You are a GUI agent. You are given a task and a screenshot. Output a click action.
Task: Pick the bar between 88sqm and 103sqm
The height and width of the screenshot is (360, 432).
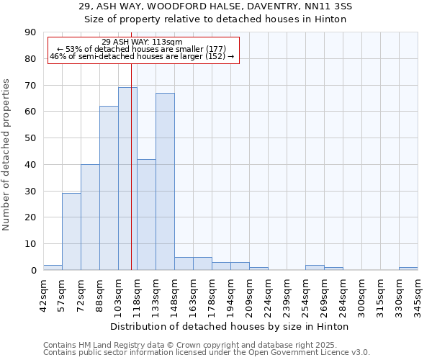[x=109, y=188]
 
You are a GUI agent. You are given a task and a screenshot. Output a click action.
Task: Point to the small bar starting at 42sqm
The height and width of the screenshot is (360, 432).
[x=53, y=268]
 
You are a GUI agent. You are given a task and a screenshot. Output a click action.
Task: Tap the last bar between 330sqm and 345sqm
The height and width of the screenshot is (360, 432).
[x=408, y=269]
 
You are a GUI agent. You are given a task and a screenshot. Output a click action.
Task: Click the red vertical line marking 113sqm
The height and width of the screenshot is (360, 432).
[x=131, y=180]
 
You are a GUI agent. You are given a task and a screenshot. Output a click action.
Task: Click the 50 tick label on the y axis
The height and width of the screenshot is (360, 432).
[x=30, y=138]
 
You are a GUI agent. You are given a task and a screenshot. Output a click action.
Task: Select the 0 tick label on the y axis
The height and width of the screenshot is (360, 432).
[x=33, y=270]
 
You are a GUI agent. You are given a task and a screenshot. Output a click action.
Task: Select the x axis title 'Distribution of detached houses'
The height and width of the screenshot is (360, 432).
[x=230, y=326]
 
